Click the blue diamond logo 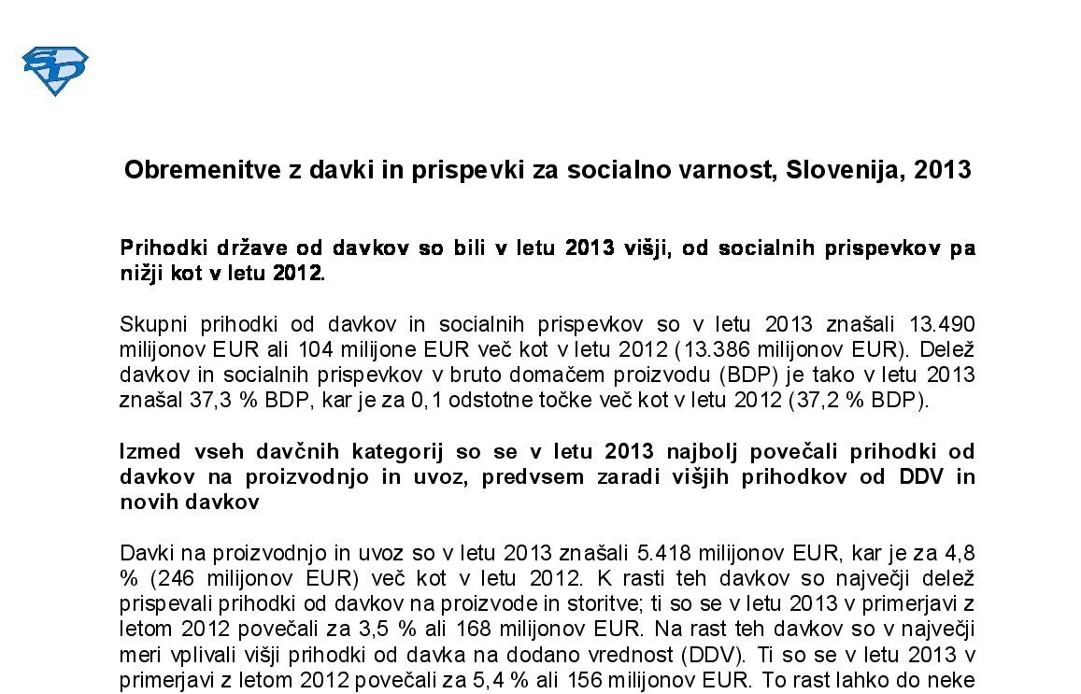point(54,71)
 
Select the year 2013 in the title point(943,170)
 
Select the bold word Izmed point(149,451)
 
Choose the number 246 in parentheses point(171,577)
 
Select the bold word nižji point(143,274)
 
